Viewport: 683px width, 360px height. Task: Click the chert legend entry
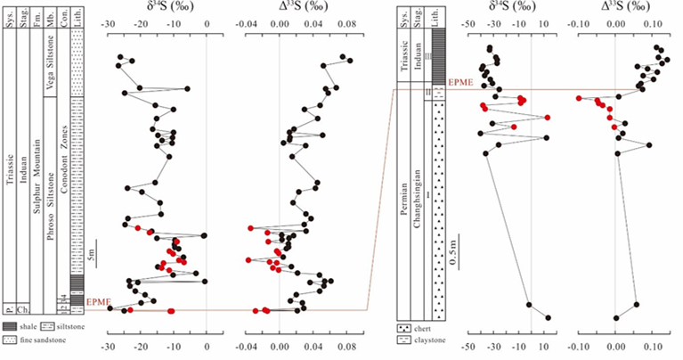click(x=417, y=330)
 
